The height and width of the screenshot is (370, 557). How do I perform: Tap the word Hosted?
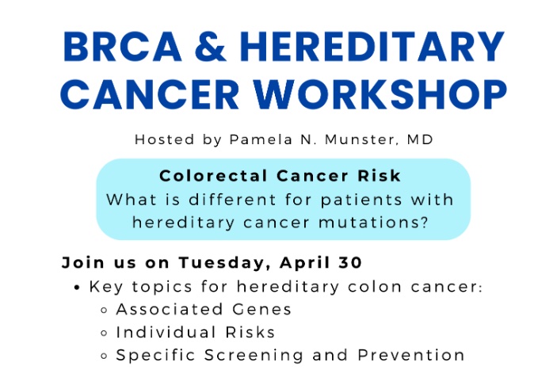(x=162, y=139)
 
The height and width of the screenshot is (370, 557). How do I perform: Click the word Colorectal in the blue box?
(x=207, y=176)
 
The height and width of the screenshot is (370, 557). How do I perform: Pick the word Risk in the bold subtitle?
(x=383, y=176)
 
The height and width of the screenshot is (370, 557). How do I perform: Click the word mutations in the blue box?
(x=370, y=223)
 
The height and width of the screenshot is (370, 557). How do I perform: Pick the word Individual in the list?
(x=160, y=333)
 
